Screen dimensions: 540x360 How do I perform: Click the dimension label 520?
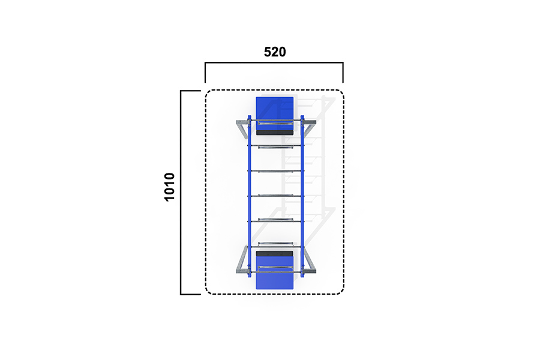pos(275,52)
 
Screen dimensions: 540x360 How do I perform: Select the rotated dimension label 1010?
pos(169,187)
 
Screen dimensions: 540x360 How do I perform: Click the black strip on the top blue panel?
pos(274,133)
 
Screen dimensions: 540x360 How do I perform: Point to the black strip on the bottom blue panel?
pos(274,254)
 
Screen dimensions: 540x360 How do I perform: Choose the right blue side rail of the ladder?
pos(302,196)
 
